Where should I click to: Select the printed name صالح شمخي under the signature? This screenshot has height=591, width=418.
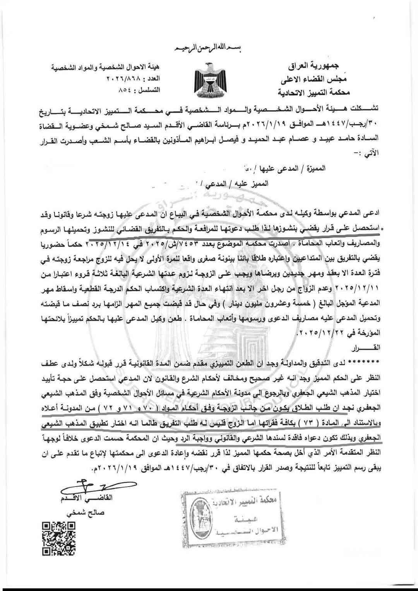pos(86,513)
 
